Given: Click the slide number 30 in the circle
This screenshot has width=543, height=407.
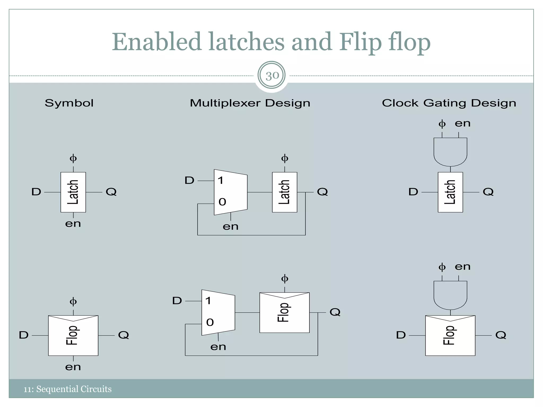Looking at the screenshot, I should tap(272, 76).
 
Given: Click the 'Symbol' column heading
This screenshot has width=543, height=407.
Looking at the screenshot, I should tap(69, 103).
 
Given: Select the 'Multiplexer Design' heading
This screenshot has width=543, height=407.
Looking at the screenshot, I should tap(250, 103).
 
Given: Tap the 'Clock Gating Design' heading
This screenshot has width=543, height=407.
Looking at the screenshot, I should tap(449, 103).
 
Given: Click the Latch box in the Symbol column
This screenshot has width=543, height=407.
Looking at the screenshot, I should tap(73, 192).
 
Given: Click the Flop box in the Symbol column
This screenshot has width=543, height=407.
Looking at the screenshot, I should tap(73, 335).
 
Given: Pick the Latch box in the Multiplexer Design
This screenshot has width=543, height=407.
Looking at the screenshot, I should tap(284, 192).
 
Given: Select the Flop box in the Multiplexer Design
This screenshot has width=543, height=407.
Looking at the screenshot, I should tap(284, 313).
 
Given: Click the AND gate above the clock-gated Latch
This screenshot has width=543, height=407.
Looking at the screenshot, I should tap(450, 151).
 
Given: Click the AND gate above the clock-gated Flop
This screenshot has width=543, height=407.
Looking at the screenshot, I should tap(450, 295).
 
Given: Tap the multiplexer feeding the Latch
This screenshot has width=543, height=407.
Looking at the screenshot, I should tap(230, 192).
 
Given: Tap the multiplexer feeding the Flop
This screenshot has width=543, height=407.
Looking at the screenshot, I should tap(218, 313).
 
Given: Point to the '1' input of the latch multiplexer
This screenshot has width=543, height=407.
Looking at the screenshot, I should tap(221, 181).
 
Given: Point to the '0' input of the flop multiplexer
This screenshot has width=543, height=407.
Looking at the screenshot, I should tap(210, 322).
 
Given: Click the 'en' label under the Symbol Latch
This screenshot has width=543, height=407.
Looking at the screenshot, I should tap(73, 224).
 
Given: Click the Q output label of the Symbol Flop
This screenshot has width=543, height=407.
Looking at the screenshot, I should tap(124, 335).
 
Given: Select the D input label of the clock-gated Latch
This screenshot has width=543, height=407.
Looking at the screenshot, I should tap(413, 192).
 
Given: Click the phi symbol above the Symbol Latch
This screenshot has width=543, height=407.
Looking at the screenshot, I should tap(73, 158).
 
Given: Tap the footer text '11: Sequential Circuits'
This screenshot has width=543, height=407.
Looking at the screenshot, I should tap(68, 389).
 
